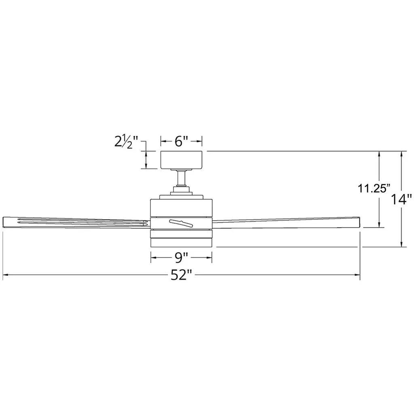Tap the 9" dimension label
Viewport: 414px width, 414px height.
[182, 258]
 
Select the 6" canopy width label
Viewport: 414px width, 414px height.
[182, 142]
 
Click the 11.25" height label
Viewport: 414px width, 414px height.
[374, 188]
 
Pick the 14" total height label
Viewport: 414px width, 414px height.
[401, 199]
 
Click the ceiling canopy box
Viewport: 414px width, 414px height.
[182, 160]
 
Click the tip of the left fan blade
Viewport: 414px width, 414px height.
[3, 222]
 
